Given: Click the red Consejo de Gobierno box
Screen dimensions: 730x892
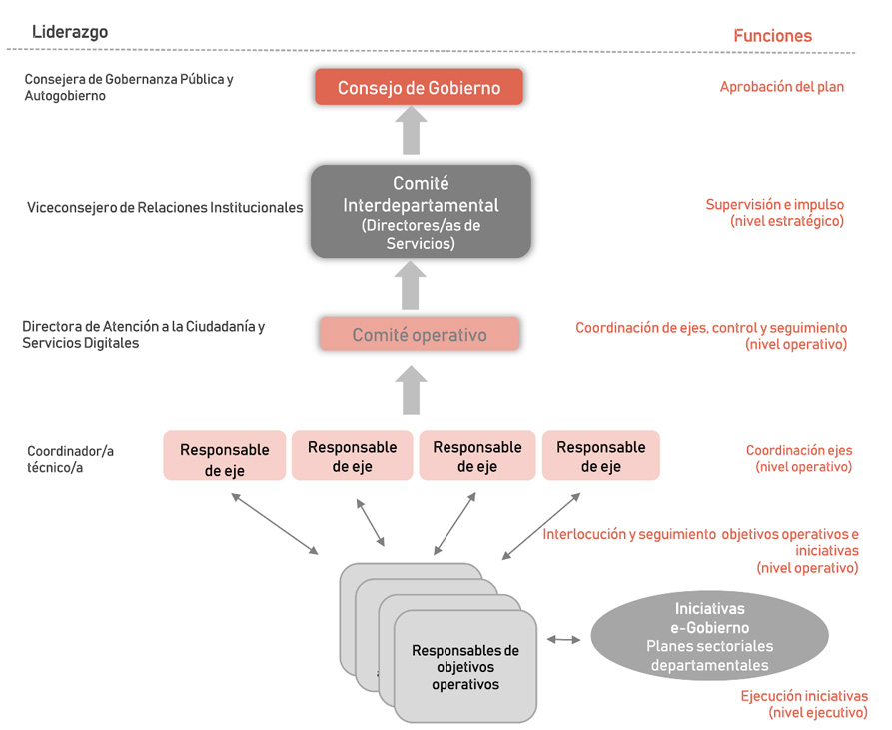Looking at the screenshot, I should (420, 88).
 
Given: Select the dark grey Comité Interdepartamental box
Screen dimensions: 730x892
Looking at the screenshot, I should (420, 212).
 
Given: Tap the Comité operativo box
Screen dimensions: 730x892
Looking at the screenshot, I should (420, 334).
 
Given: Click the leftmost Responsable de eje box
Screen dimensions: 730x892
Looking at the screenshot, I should (225, 457).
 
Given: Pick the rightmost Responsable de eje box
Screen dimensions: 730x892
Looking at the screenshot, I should (600, 456).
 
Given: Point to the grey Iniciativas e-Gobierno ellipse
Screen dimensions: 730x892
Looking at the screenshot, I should (709, 636).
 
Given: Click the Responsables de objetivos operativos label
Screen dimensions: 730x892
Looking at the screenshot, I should (465, 667).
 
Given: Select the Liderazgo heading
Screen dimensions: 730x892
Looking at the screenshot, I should (70, 32).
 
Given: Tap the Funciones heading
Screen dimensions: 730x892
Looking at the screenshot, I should (772, 36).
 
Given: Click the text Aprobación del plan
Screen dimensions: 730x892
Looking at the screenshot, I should (781, 87).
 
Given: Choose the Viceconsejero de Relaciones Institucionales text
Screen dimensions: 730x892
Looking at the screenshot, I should (165, 208).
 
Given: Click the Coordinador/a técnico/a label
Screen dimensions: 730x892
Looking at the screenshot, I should (70, 459).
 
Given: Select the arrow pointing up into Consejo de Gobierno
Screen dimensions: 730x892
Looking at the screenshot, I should (410, 130).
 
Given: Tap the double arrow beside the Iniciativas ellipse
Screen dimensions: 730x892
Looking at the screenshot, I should (564, 639).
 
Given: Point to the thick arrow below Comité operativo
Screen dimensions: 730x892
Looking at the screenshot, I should (410, 389).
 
